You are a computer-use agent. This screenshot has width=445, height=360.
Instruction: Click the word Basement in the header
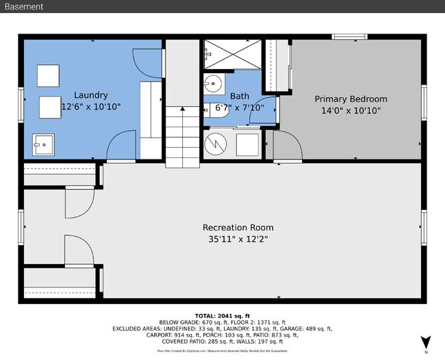click(x=24, y=7)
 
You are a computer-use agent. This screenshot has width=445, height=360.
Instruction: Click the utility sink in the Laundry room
click(x=44, y=144)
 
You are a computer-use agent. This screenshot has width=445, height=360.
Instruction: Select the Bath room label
click(x=240, y=96)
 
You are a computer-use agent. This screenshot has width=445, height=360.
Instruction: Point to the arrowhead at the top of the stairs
click(x=182, y=108)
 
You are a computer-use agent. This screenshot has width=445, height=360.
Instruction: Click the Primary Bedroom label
click(x=351, y=99)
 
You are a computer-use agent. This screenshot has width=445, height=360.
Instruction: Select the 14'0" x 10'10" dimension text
click(x=351, y=110)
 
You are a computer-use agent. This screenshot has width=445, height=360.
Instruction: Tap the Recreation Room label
click(x=238, y=227)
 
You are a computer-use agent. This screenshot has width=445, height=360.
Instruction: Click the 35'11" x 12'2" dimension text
click(x=238, y=240)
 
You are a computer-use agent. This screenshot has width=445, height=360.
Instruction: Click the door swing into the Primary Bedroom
click(x=286, y=145)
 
